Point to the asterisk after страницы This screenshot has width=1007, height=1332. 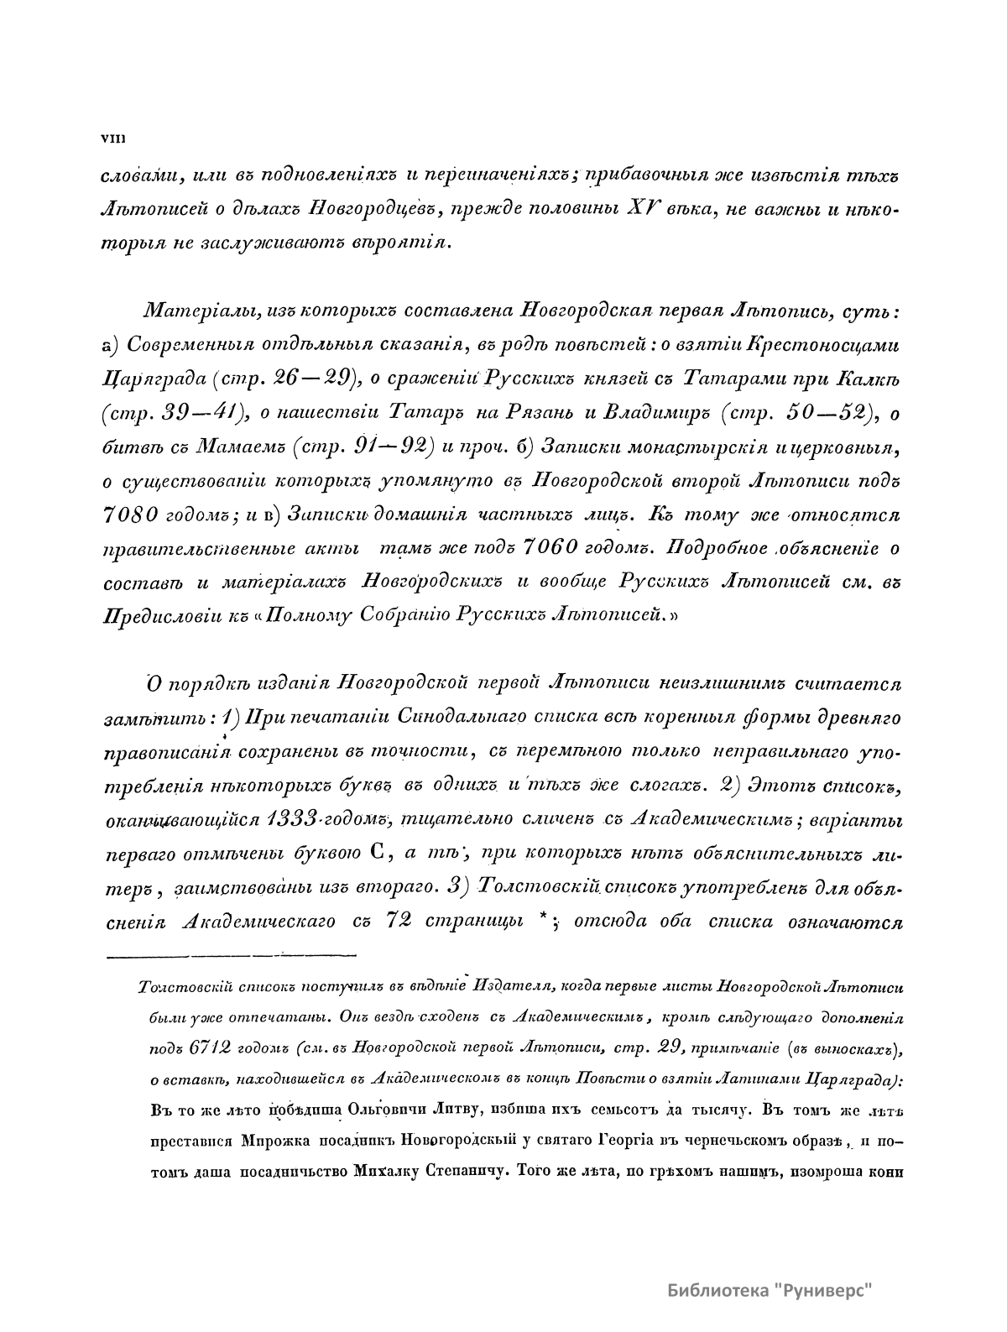point(545,917)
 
